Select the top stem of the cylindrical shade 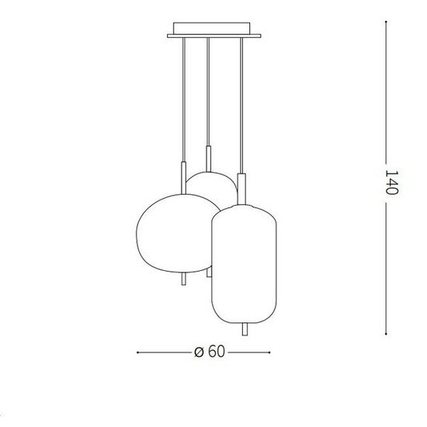click(243, 187)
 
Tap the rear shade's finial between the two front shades click(209, 272)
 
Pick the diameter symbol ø click(199, 352)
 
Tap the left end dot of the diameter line click(137, 352)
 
